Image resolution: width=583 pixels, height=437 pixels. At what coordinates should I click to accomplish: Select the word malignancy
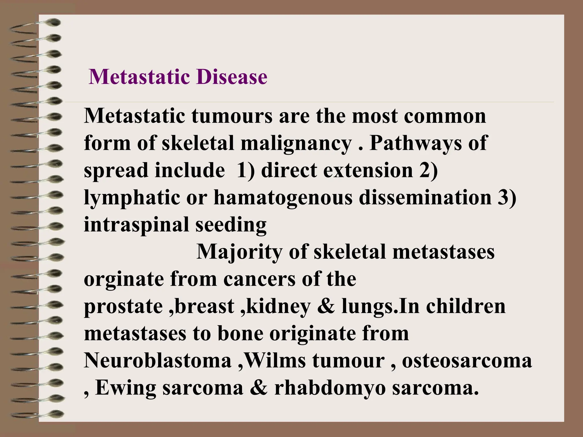[296, 143]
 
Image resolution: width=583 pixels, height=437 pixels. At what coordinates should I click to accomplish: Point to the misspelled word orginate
[124, 280]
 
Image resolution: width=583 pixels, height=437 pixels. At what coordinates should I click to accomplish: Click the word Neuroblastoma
[157, 361]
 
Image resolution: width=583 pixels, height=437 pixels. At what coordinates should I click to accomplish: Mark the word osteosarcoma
[467, 361]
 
